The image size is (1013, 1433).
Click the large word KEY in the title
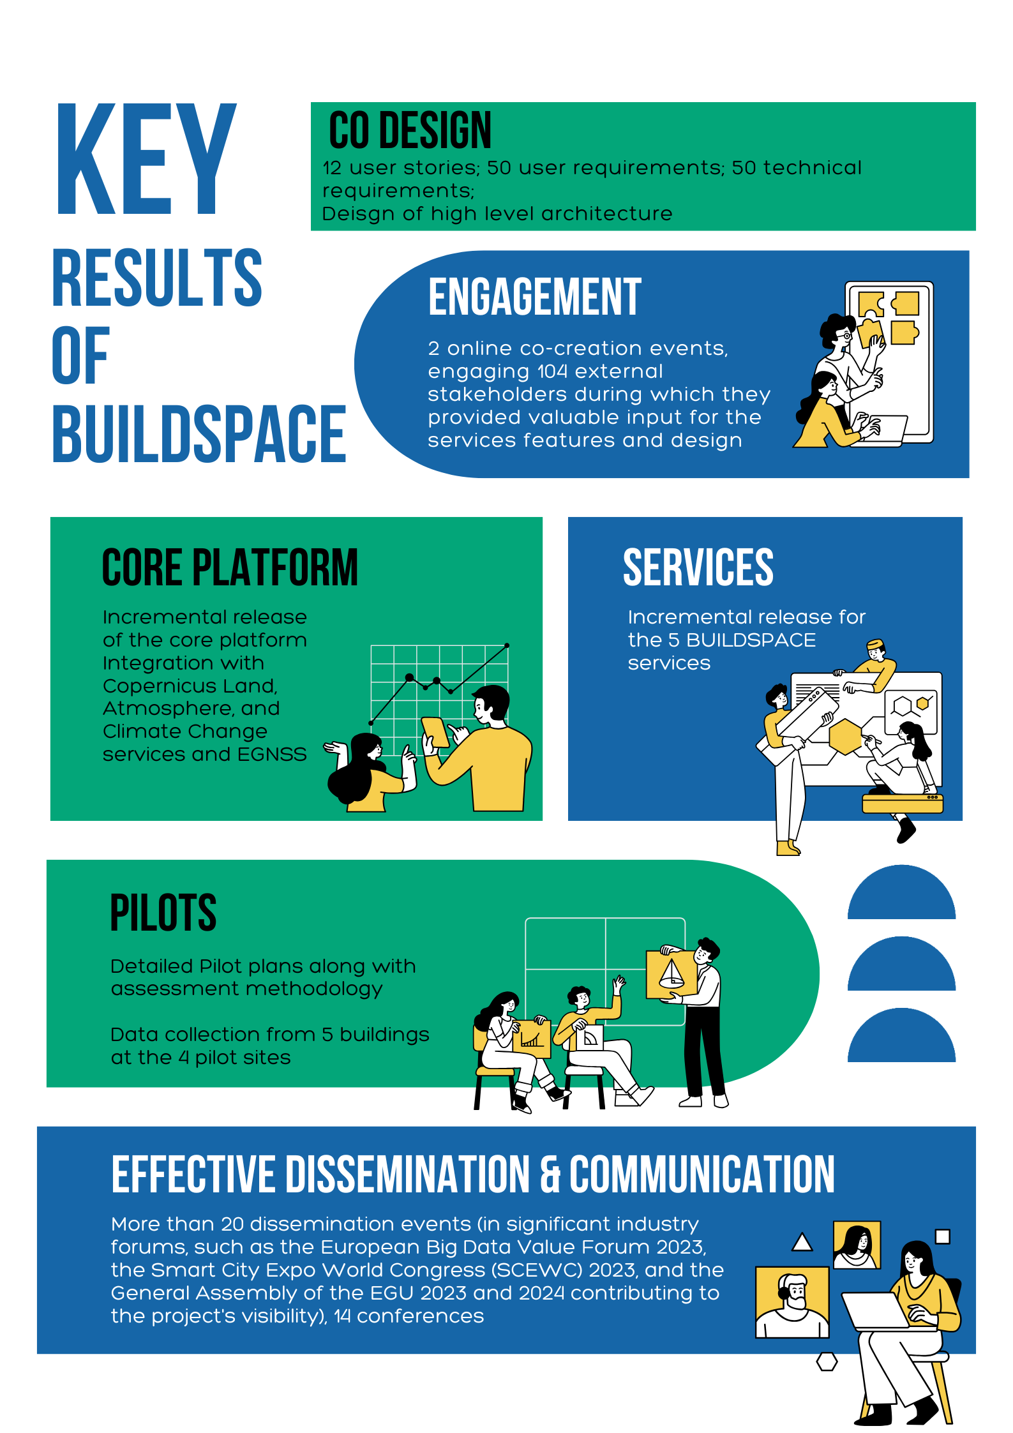[146, 160]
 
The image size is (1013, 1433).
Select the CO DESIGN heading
[410, 130]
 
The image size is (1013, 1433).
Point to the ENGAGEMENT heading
[534, 297]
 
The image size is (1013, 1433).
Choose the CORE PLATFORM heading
[230, 567]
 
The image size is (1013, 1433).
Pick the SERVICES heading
[698, 567]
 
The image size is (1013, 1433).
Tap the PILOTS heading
[163, 913]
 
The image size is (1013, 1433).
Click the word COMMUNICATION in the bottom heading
[702, 1174]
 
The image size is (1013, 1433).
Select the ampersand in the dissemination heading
[550, 1175]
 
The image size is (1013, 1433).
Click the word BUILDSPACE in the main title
[199, 434]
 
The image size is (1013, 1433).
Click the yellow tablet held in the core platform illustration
[436, 732]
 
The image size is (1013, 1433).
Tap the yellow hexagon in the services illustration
[845, 736]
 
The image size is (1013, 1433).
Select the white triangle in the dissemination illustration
[802, 1242]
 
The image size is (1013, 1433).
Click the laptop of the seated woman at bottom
[875, 1310]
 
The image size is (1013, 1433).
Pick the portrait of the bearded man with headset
[792, 1301]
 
